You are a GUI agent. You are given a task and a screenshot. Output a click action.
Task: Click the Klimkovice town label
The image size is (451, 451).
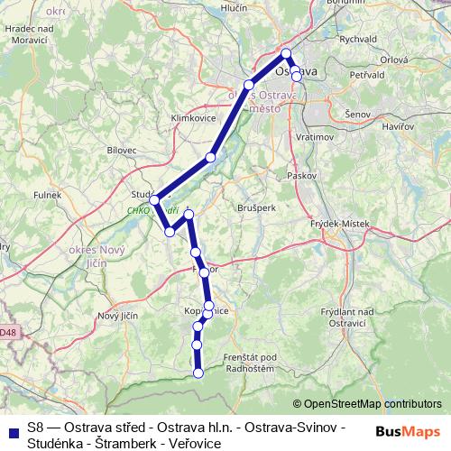click(190, 118)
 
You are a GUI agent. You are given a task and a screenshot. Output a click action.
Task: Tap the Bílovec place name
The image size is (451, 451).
click(120, 150)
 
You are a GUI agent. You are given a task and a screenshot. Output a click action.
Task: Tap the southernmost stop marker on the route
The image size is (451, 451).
click(198, 373)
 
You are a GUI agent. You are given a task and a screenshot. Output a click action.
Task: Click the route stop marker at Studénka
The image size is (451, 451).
click(154, 199)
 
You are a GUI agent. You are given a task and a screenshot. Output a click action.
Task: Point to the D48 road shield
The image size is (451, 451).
click(7, 333)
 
